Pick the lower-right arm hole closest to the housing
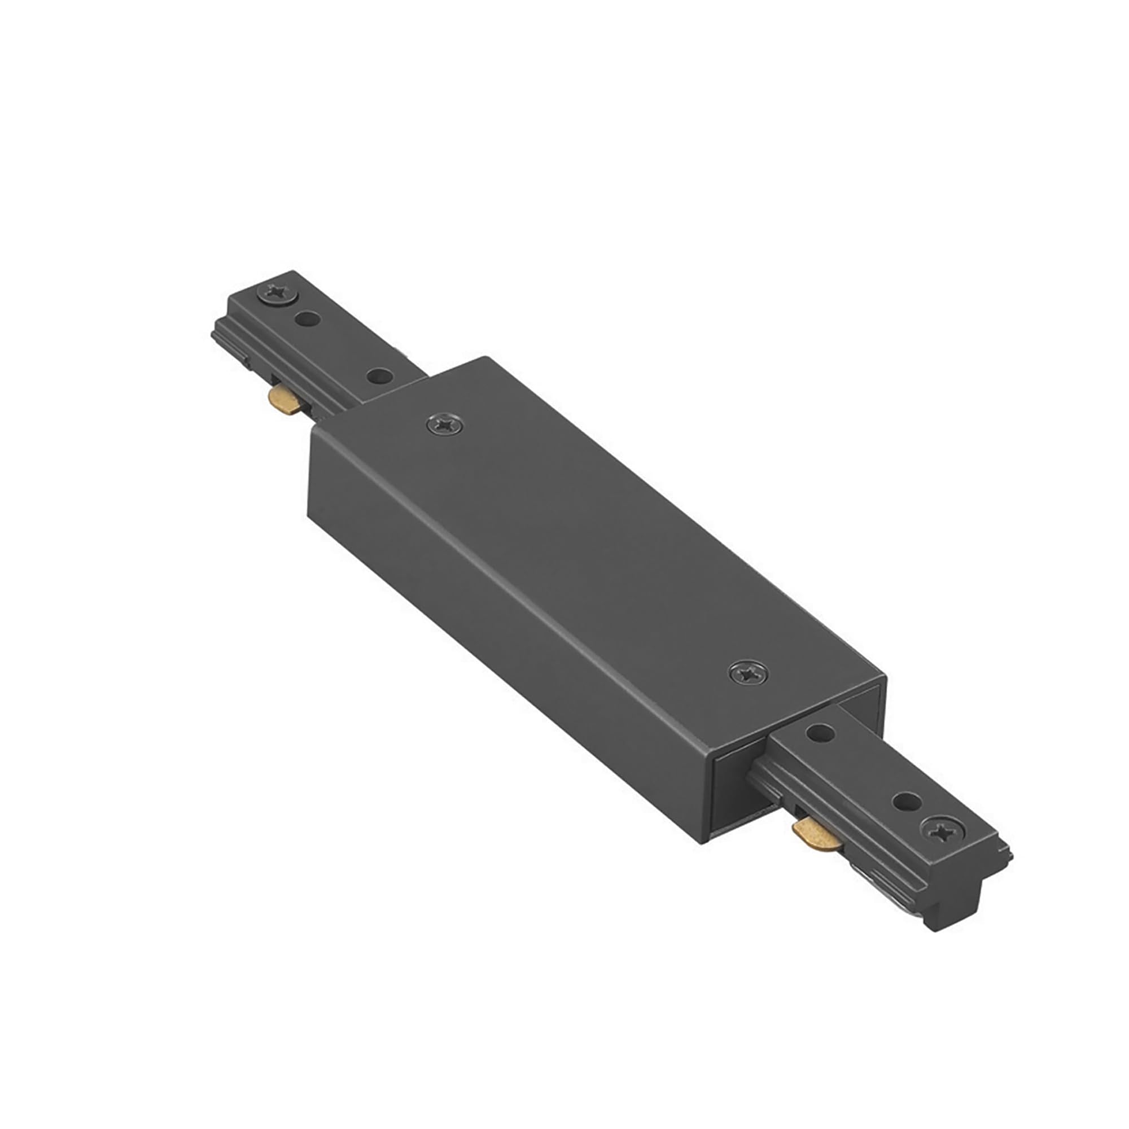pos(820,732)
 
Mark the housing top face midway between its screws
pos(596,546)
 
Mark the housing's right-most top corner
pos(885,678)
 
